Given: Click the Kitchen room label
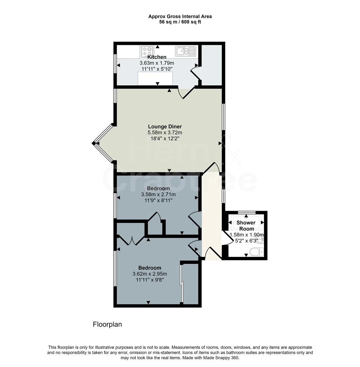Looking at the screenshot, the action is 157,57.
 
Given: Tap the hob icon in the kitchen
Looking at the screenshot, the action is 147,52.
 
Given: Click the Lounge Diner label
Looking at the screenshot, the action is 165,127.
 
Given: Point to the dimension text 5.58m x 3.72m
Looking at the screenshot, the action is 165,133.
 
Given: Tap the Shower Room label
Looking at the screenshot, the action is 246,226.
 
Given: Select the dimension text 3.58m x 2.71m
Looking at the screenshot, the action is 159,194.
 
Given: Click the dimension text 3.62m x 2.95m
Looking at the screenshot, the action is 150,274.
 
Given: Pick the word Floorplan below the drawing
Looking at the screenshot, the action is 107,325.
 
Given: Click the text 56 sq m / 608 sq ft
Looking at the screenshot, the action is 180,22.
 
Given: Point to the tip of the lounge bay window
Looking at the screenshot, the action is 93,143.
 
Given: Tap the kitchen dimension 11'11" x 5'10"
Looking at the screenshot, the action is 157,69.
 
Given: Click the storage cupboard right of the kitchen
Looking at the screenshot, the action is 212,65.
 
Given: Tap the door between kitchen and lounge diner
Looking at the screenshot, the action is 186,93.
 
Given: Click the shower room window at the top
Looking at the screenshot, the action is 246,212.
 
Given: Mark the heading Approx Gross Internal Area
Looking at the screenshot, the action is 180,16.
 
